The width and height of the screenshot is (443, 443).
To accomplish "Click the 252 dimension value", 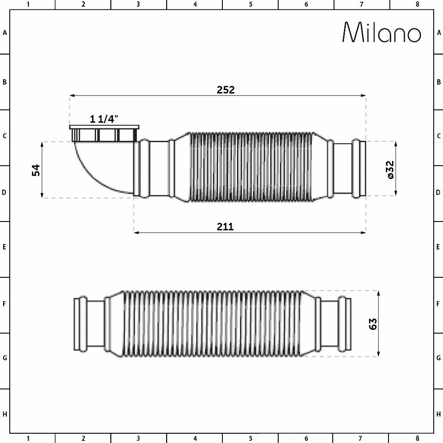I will click(225, 89).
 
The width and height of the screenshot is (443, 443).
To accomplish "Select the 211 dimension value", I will click(225, 227).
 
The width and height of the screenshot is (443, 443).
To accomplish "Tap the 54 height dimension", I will click(36, 170).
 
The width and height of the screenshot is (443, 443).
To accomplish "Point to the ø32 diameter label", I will click(390, 170).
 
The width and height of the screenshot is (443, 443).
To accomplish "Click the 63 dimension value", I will click(373, 324).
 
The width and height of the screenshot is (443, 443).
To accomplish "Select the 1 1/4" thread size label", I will click(105, 119).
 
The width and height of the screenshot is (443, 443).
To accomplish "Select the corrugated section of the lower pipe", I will click(213, 324).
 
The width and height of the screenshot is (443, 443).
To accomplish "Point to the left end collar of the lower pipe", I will click(80, 324).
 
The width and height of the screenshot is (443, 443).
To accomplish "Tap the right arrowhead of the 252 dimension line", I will click(364, 95).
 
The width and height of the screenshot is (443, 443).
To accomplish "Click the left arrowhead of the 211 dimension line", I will click(136, 232).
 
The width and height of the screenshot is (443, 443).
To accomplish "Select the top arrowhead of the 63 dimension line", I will click(378, 293).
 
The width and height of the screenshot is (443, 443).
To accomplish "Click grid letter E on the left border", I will click(4, 247).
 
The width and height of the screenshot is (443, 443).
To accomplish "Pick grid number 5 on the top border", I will click(250, 4).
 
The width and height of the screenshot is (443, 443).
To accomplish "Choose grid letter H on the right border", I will click(439, 414).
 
